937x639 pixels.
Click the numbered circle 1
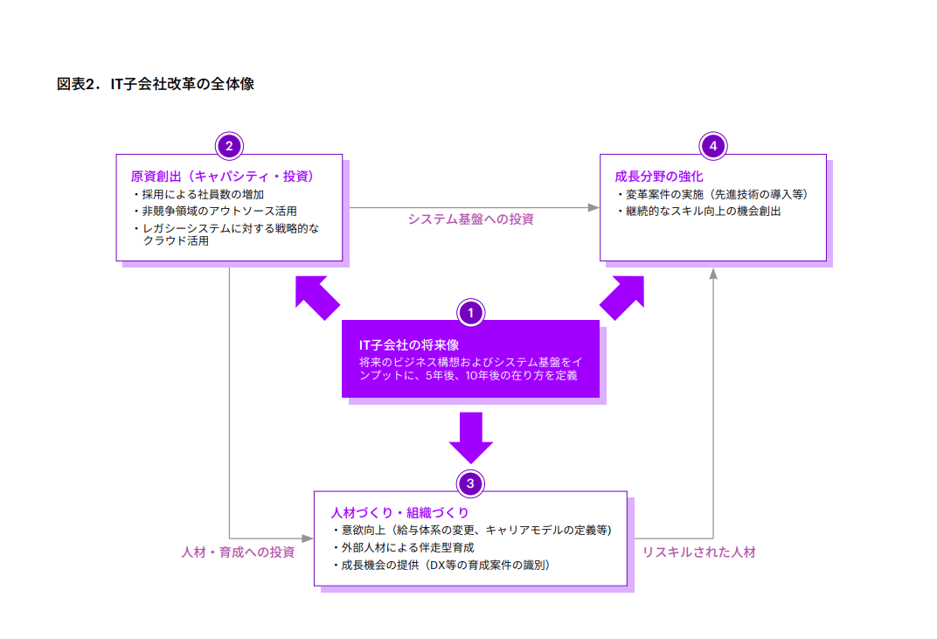tap(470, 312)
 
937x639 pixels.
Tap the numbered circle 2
tap(229, 146)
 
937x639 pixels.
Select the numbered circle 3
tap(470, 483)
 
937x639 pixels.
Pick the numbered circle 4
tap(713, 146)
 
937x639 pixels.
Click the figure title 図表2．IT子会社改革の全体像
tap(155, 85)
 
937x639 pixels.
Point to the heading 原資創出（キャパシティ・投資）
tap(222, 177)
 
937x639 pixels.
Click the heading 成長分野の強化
tap(658, 177)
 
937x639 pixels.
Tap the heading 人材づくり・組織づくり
tap(399, 512)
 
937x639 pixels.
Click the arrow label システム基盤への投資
tap(470, 219)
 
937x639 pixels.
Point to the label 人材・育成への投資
tap(238, 552)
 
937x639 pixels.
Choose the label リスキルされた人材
tap(698, 552)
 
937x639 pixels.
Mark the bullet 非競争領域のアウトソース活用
tap(219, 212)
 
